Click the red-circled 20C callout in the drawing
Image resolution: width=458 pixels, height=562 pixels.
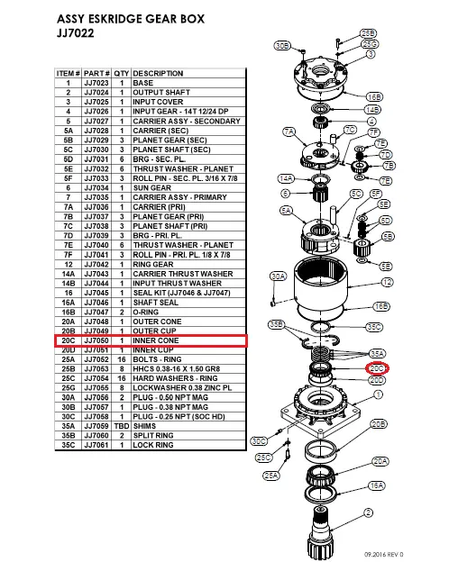pyautogui.click(x=377, y=368)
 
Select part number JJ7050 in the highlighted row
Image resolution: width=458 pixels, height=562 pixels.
pyautogui.click(x=96, y=341)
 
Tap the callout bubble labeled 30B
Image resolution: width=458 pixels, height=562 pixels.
pyautogui.click(x=281, y=45)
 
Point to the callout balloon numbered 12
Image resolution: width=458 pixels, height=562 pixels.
pyautogui.click(x=386, y=282)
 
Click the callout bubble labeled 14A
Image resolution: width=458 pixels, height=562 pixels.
pyautogui.click(x=286, y=178)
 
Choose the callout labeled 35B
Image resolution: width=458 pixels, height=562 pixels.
pyautogui.click(x=277, y=323)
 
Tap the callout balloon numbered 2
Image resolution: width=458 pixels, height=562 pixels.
pyautogui.click(x=368, y=512)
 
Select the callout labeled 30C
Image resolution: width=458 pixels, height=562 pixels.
pyautogui.click(x=259, y=441)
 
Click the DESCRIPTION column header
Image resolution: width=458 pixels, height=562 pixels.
pyautogui.click(x=159, y=74)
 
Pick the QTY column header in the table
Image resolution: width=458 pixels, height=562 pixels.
pyautogui.click(x=122, y=74)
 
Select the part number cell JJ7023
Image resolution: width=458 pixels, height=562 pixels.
pyautogui.click(x=96, y=83)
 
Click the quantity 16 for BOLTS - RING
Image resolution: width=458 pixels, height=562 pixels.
pyautogui.click(x=122, y=359)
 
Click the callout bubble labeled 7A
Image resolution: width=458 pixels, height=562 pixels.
pyautogui.click(x=289, y=132)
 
